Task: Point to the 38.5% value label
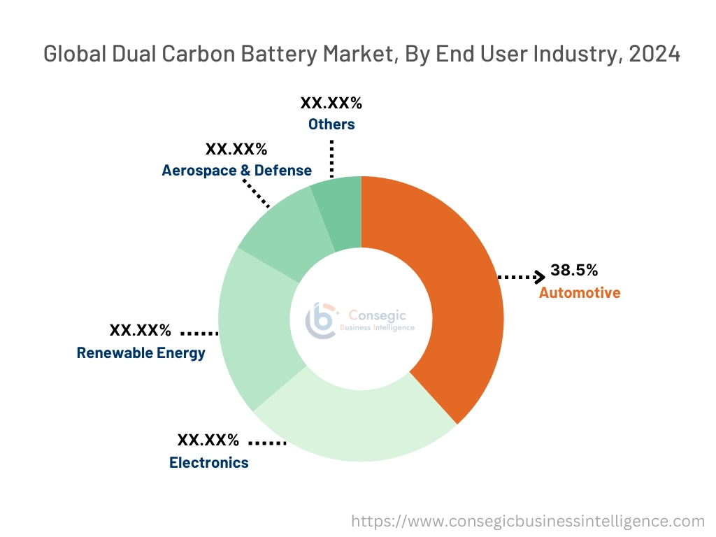[x=573, y=270]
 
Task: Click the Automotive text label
[x=579, y=292]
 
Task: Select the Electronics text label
[x=208, y=462]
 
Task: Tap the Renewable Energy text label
[x=141, y=352]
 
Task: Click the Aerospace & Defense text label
[x=236, y=171]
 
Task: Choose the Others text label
[x=331, y=124]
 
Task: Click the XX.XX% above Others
[x=331, y=103]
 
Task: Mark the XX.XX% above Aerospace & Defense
[x=236, y=149]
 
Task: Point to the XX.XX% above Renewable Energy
[x=140, y=330]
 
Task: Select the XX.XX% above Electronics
[x=208, y=440]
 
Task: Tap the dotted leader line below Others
[x=331, y=157]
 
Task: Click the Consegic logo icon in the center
[x=321, y=320]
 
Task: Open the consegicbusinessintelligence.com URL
[x=527, y=520]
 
